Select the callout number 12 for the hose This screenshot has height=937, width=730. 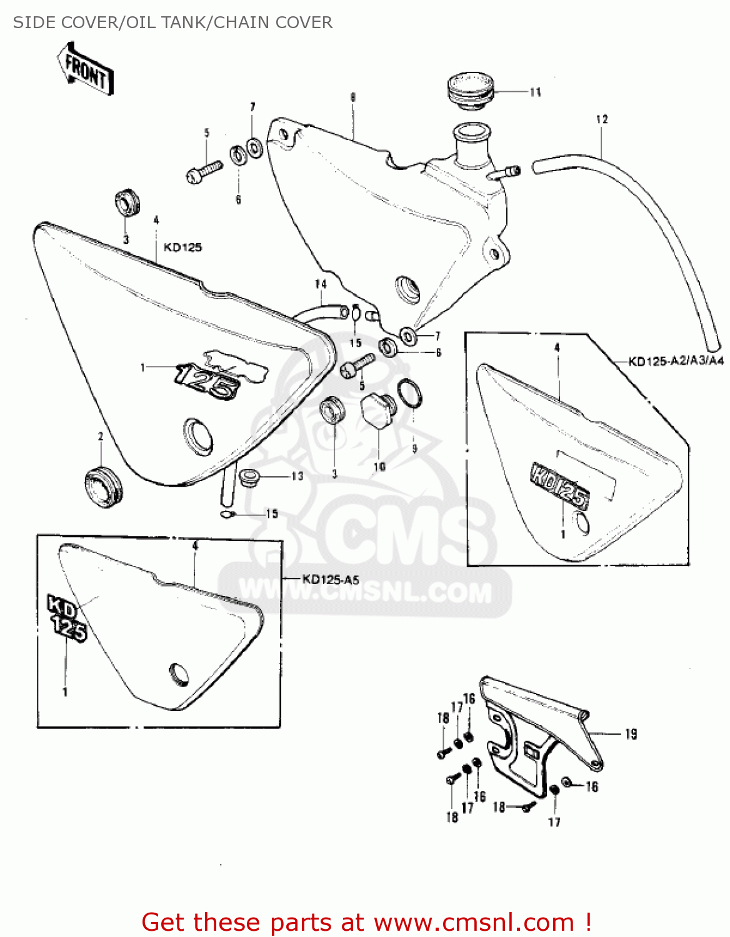coord(602,119)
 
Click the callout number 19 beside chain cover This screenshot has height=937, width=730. coord(631,734)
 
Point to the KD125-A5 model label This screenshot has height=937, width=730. coord(331,579)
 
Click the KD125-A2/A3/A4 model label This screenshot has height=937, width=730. coord(676,360)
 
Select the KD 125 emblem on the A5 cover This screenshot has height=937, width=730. coord(66,618)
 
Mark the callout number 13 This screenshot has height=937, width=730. coord(297,477)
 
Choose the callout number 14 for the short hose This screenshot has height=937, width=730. coord(321,284)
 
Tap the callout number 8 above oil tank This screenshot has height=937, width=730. coord(353,97)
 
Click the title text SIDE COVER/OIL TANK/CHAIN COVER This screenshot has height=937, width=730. coord(172,22)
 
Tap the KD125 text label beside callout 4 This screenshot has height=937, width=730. coord(182,247)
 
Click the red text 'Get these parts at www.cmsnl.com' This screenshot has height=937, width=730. coord(366,922)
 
